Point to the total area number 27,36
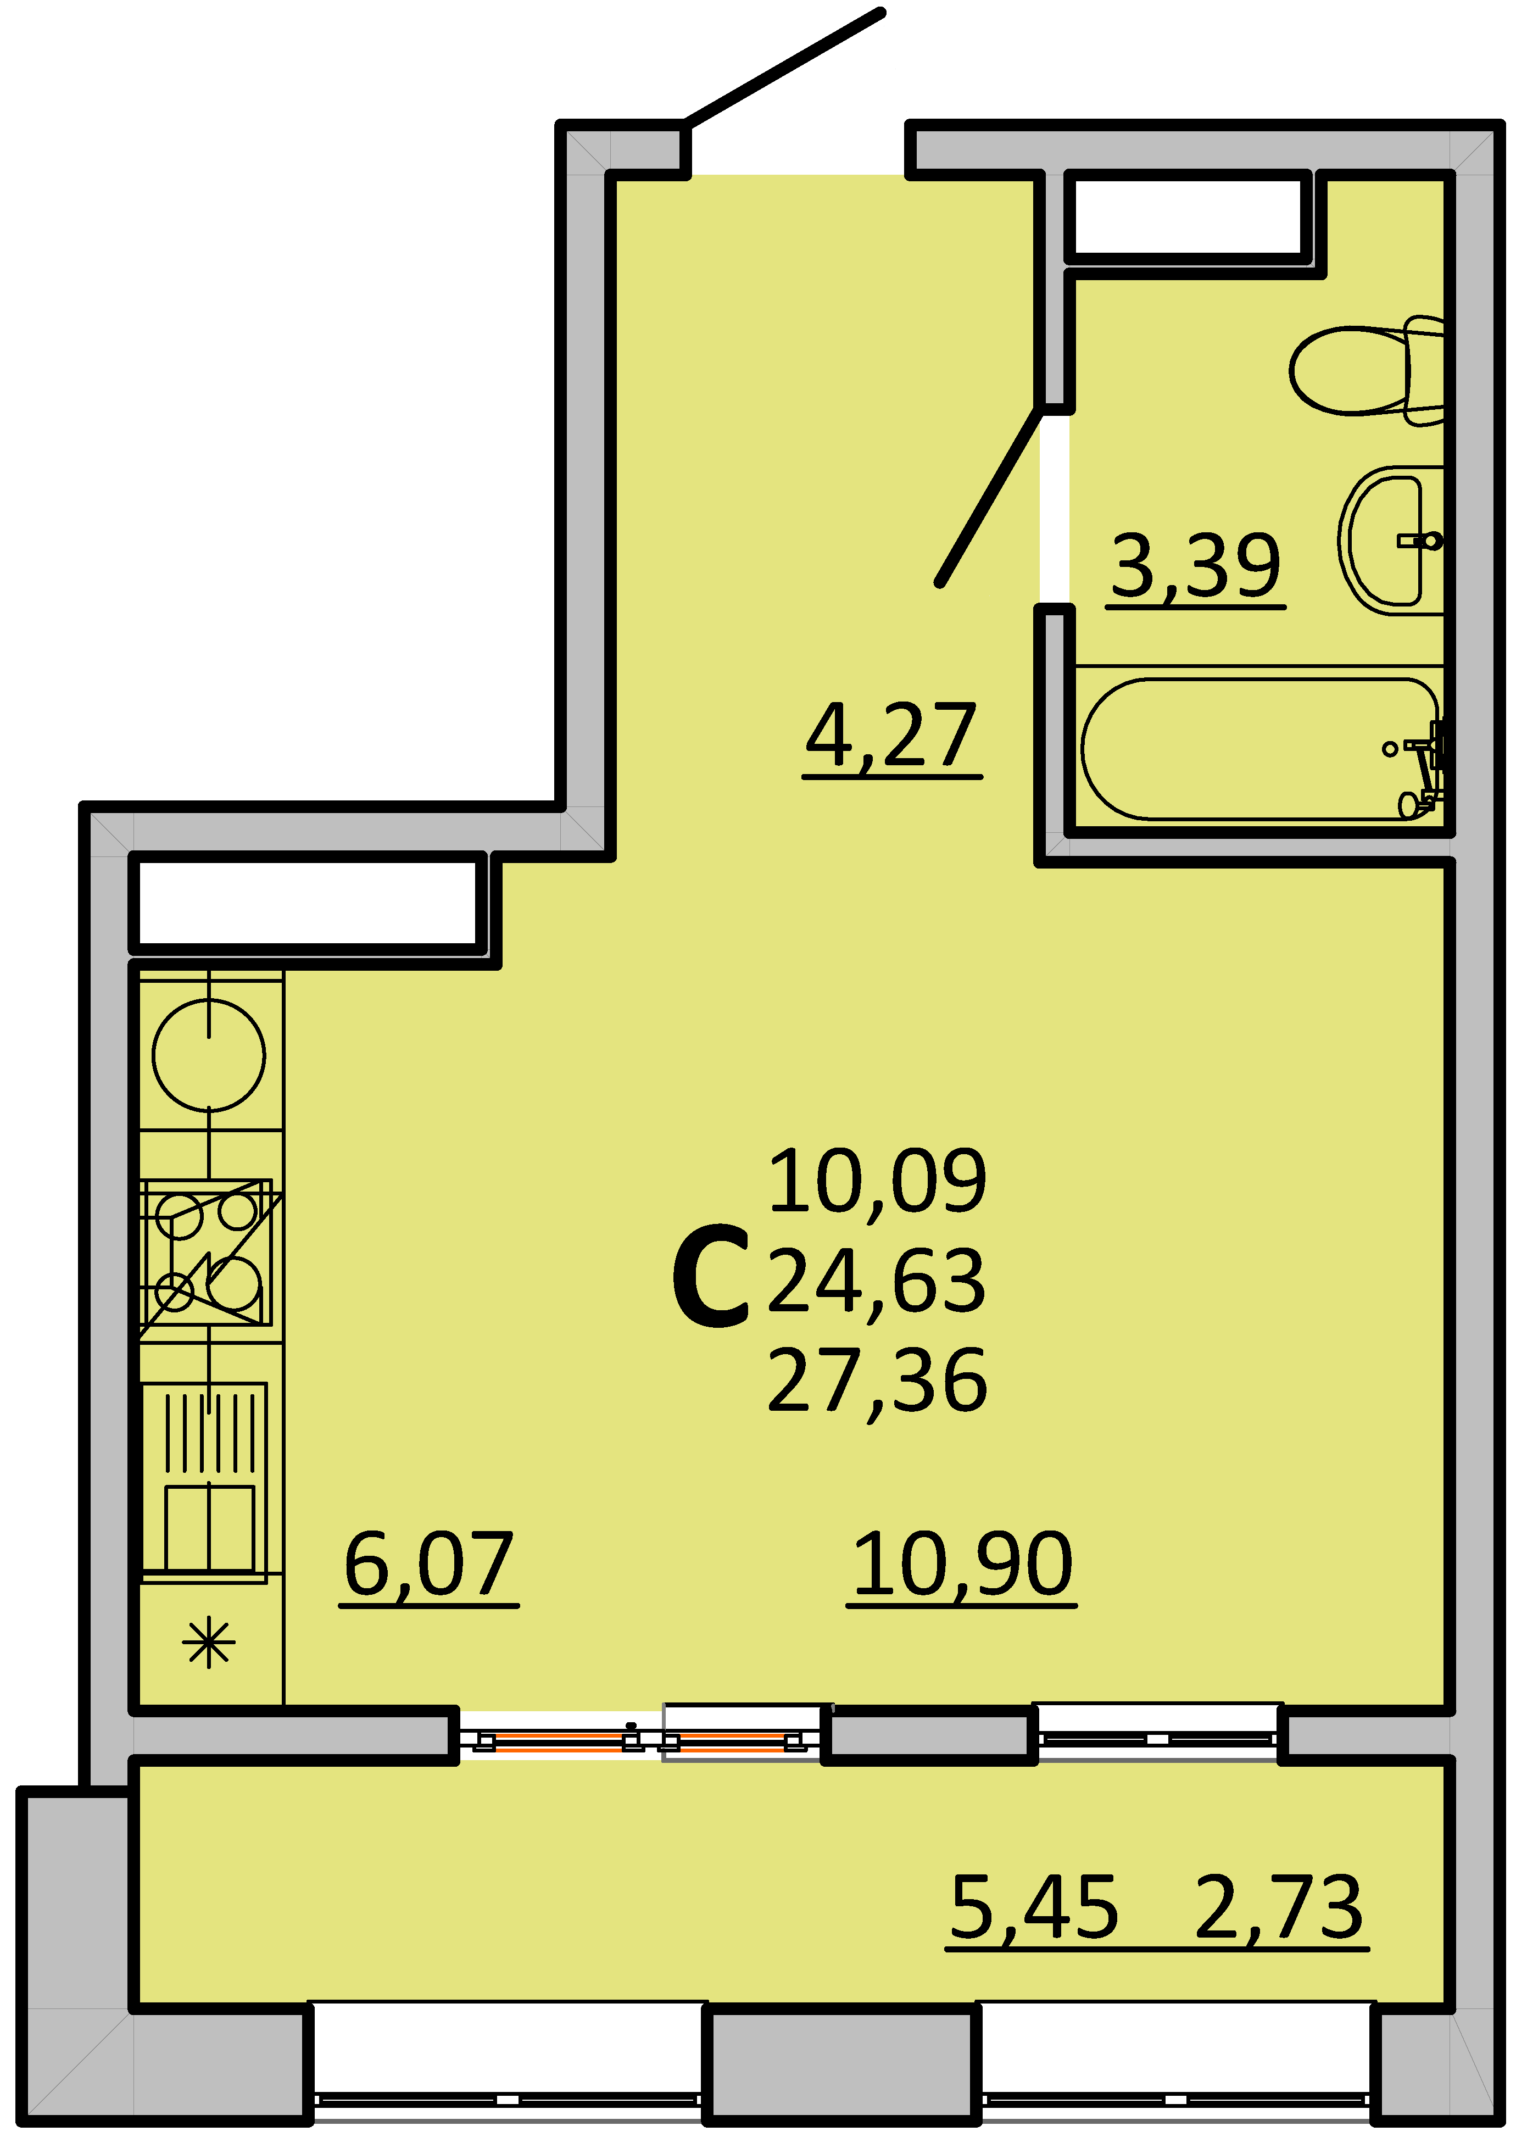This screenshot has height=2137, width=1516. pyautogui.click(x=878, y=1380)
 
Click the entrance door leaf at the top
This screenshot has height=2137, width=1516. pyautogui.click(x=784, y=67)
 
